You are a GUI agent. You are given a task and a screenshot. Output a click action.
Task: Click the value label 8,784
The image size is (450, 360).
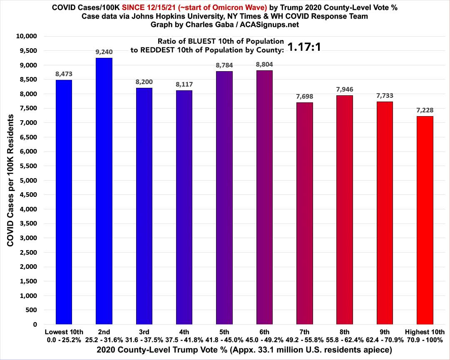[x=224, y=65]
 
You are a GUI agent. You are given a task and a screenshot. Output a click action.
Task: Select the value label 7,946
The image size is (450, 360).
[x=344, y=89]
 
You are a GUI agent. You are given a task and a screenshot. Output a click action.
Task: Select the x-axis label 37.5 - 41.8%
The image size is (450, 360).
[x=184, y=339]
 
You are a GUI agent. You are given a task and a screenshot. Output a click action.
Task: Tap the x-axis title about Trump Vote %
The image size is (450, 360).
[x=225, y=350]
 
